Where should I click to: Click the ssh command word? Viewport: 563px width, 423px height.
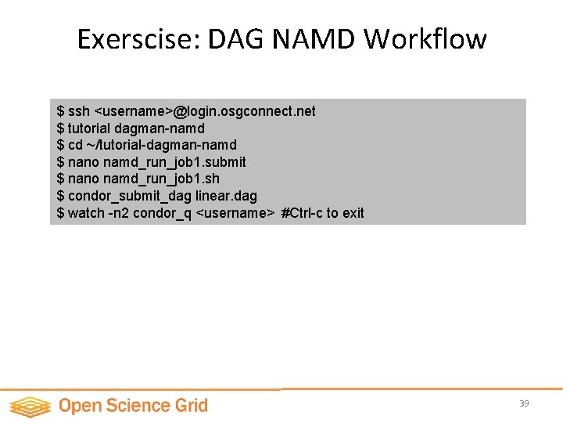pyautogui.click(x=79, y=111)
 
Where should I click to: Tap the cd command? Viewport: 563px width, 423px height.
pyautogui.click(x=75, y=145)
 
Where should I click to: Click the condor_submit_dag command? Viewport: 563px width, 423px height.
pyautogui.click(x=130, y=196)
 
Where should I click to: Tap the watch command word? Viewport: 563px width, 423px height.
pyautogui.click(x=86, y=213)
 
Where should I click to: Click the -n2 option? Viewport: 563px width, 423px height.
pyautogui.click(x=118, y=213)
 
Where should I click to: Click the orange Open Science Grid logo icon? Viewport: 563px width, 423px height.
pyautogui.click(x=30, y=406)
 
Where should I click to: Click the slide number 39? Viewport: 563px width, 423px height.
pyautogui.click(x=524, y=403)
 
